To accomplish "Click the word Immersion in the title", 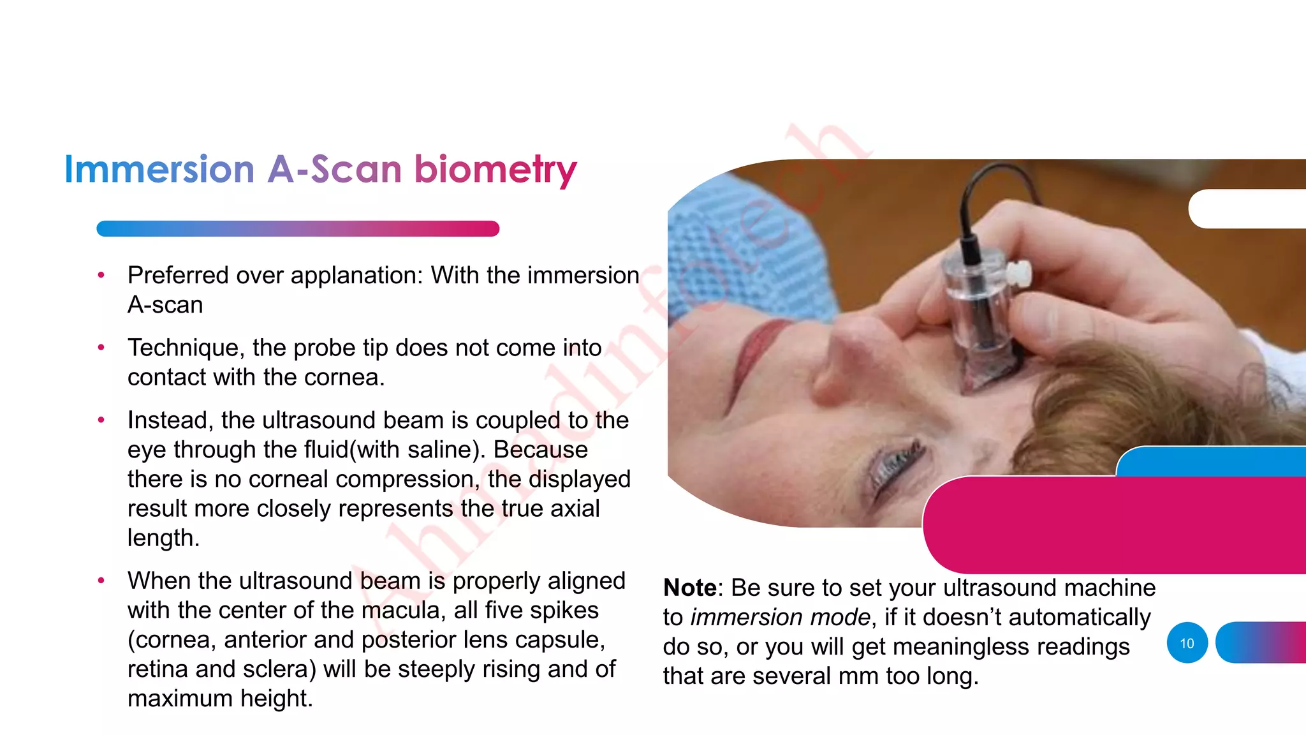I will coord(159,170).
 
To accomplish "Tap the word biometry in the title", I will coord(495,170).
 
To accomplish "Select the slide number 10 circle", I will coord(1187,643).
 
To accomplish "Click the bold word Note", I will coord(689,588).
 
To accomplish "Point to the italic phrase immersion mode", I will coord(780,617).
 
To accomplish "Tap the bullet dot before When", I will coord(101,581).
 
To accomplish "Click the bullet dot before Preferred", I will coord(101,276).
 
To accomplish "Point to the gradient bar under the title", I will coord(297,228).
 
